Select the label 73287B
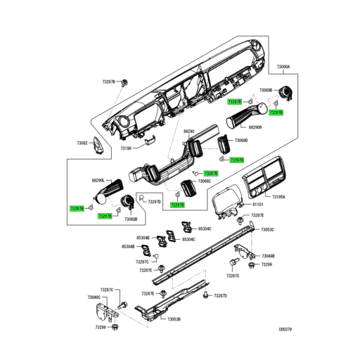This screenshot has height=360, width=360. pos(106,82)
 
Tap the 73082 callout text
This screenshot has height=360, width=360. pos(82,143)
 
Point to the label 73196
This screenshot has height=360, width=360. pos(125,148)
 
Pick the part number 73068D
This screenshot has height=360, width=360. pos(241,141)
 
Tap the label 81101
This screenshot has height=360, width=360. pos(258,205)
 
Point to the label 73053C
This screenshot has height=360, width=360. pos(268,230)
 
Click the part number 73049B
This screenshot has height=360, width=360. pos(268,256)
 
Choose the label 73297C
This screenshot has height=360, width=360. pos(142,262)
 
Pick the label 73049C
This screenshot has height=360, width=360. pos(95,297)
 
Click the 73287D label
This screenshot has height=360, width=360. pos(220,295)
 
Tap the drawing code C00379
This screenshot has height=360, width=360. pos(285,328)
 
